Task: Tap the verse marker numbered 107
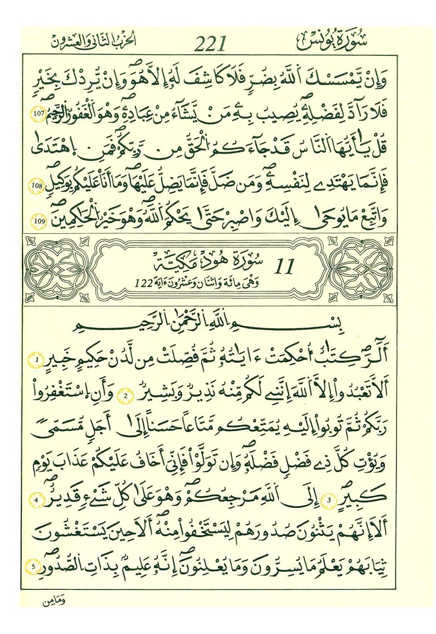38,114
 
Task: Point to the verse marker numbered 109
38,221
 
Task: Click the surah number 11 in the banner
284,267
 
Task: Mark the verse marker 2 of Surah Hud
126,396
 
